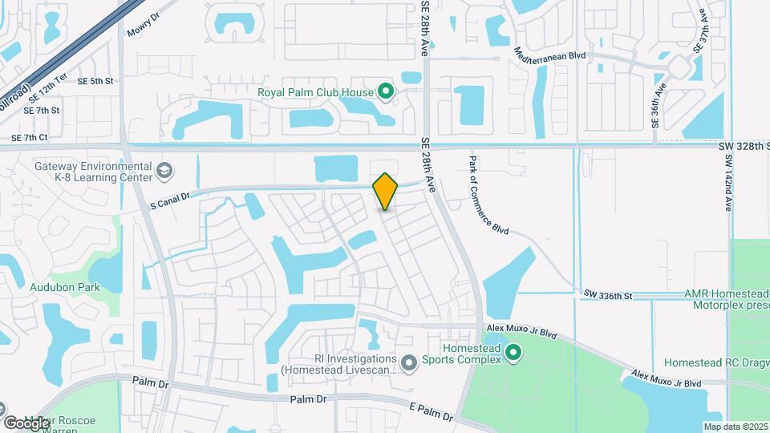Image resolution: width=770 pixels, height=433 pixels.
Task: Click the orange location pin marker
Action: pyautogui.click(x=386, y=192)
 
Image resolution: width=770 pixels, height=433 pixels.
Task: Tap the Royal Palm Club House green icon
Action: pyautogui.click(x=386, y=91)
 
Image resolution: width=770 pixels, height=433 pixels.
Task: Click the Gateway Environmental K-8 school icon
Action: pyautogui.click(x=164, y=171)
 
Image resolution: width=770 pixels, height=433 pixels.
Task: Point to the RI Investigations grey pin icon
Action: pyautogui.click(x=409, y=364)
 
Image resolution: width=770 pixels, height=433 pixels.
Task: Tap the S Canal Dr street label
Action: pyautogui.click(x=169, y=200)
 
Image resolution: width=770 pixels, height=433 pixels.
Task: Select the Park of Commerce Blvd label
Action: pyautogui.click(x=489, y=195)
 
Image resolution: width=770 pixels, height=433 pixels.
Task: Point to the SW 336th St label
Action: pyautogui.click(x=608, y=295)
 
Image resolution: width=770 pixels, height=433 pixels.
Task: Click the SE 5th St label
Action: pyautogui.click(x=95, y=81)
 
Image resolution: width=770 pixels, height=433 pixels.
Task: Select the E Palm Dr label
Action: pyautogui.click(x=431, y=412)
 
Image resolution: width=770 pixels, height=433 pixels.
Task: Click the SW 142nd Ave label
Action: pyautogui.click(x=727, y=184)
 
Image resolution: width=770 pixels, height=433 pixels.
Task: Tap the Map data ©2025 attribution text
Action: pyautogui.click(x=736, y=427)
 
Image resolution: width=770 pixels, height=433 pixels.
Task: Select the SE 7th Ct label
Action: pyautogui.click(x=30, y=138)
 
